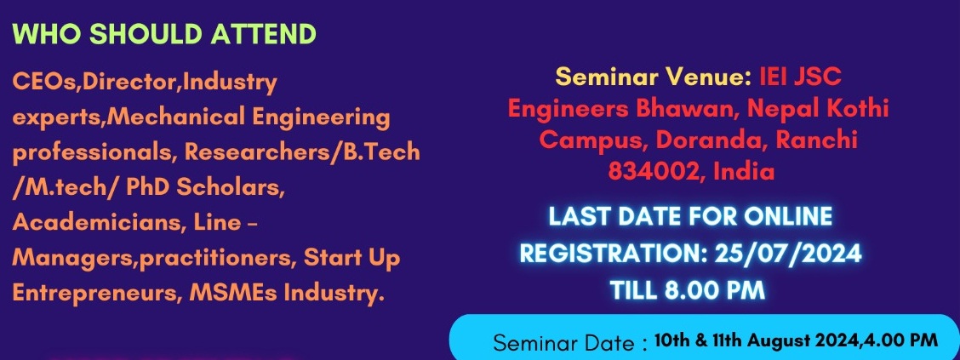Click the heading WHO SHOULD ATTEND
pos(164,34)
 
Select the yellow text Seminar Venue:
pos(654,77)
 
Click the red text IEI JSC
pos(800,77)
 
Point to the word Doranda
pos(710,140)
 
